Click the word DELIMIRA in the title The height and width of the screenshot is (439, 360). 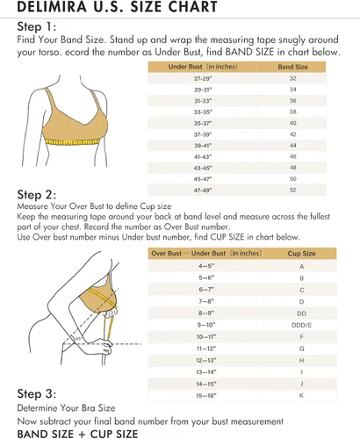click(52, 6)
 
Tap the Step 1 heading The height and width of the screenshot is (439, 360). click(37, 26)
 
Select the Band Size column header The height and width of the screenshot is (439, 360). click(292, 67)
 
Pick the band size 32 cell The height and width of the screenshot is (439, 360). click(292, 78)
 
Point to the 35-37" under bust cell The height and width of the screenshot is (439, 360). click(203, 123)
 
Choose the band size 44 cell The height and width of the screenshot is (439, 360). click(292, 146)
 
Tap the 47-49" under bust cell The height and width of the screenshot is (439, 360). click(203, 191)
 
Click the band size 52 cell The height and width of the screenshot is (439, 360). click(292, 191)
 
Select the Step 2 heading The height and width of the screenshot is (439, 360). click(37, 195)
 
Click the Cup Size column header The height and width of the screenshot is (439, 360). click(301, 254)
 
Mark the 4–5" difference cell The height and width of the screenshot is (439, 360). click(206, 266)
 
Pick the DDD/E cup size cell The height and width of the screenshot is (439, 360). click(301, 325)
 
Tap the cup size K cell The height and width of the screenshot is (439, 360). click(301, 396)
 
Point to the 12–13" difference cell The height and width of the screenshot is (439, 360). click(206, 360)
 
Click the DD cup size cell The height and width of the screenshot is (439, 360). click(301, 313)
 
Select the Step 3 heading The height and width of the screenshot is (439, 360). click(37, 393)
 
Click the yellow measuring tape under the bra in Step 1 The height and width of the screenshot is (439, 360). click(73, 142)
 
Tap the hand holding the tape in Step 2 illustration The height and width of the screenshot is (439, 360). click(103, 347)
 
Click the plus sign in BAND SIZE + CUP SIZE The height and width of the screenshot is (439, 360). click(82, 435)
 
